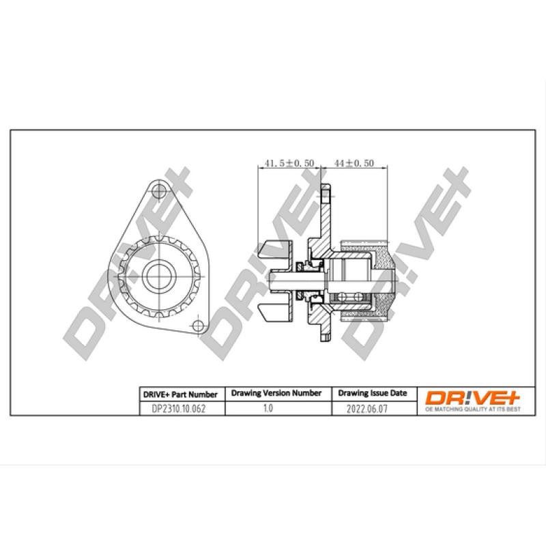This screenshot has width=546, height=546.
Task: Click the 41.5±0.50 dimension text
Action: click(x=289, y=163)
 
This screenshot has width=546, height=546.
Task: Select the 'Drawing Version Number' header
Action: click(x=276, y=394)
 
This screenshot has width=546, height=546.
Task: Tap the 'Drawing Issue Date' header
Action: click(x=373, y=394)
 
